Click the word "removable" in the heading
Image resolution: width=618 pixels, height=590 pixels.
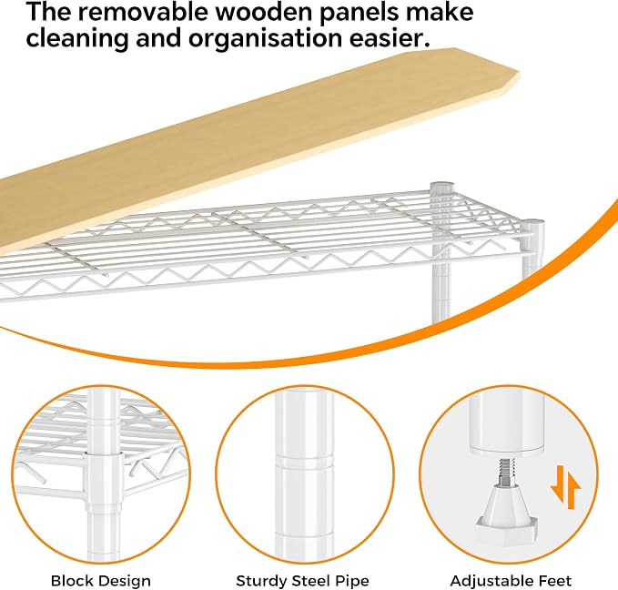point(144,12)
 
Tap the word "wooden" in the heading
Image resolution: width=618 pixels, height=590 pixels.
point(263,12)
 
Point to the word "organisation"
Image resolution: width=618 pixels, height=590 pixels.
point(265,38)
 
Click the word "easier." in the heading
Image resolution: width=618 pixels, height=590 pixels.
point(390,38)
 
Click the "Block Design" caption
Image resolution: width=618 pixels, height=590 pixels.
point(101,581)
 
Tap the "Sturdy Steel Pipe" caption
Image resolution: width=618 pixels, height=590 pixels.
point(302,581)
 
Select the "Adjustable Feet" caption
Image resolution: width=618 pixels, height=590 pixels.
point(511,581)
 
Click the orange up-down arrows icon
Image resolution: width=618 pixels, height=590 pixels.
point(565,487)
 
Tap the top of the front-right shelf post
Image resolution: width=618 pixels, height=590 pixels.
point(532,224)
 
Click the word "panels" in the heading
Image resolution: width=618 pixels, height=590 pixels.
point(358,13)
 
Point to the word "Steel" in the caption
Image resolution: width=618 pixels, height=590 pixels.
point(310,581)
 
